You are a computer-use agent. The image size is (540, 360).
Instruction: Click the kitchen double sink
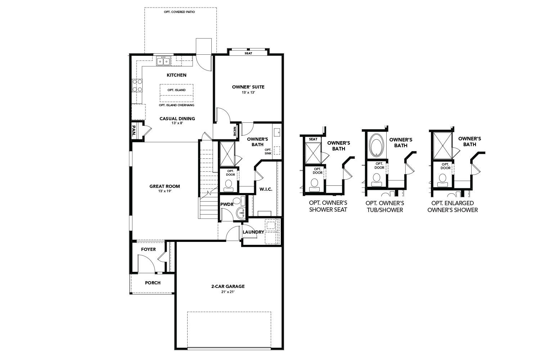(163, 62)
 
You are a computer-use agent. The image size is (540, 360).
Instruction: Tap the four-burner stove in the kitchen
(137, 85)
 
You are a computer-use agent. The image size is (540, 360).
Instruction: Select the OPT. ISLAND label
(176, 90)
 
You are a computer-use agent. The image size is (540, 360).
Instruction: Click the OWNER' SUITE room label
(248, 87)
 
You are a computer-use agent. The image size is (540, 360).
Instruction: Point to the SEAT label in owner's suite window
(248, 53)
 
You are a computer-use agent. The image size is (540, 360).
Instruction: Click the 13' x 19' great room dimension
(165, 191)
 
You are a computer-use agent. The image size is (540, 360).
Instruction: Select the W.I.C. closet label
(266, 189)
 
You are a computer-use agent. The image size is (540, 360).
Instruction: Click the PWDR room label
(227, 204)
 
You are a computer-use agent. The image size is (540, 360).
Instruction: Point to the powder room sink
(241, 213)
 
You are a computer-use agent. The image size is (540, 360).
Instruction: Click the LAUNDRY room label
(253, 232)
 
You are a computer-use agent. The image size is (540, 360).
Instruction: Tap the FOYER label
(148, 249)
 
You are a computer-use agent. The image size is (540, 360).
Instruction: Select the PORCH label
(153, 283)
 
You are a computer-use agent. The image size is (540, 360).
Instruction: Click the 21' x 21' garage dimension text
(228, 292)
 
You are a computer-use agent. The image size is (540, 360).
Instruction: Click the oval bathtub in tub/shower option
(377, 145)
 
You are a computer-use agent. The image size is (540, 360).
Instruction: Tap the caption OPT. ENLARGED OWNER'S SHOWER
(453, 207)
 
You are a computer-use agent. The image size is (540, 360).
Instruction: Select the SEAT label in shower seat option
(313, 139)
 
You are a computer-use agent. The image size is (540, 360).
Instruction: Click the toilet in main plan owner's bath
(228, 185)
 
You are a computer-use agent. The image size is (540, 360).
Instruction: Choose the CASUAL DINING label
(177, 118)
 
